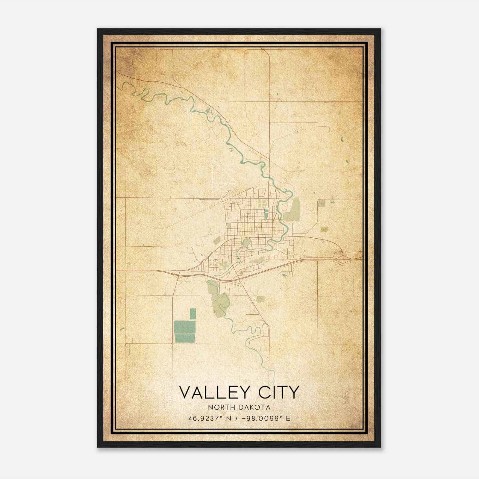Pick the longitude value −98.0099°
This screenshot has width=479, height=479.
coord(261,419)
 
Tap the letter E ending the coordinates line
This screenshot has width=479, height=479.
coord(288,419)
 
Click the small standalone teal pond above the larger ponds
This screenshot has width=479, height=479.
coord(193,314)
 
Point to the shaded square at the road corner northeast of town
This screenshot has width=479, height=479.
coord(322,203)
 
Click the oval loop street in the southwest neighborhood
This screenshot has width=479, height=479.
coord(215,263)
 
